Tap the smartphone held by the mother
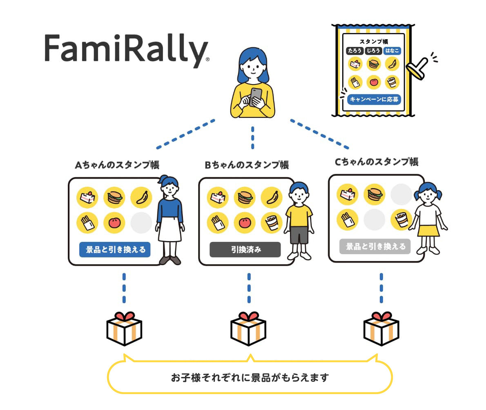coord(256,97)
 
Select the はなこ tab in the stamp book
coord(392,51)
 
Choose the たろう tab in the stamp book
coord(354,51)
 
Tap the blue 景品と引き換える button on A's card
coord(115,249)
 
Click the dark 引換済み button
coord(245,249)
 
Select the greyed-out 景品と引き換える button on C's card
coord(375,246)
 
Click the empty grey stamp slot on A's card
coord(141,223)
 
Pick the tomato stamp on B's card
coord(245,223)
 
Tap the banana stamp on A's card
coord(141,197)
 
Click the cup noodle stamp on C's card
coord(401,219)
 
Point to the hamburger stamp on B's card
coord(245,197)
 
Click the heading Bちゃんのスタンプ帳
coord(247,165)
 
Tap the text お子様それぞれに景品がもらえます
coord(250,377)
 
